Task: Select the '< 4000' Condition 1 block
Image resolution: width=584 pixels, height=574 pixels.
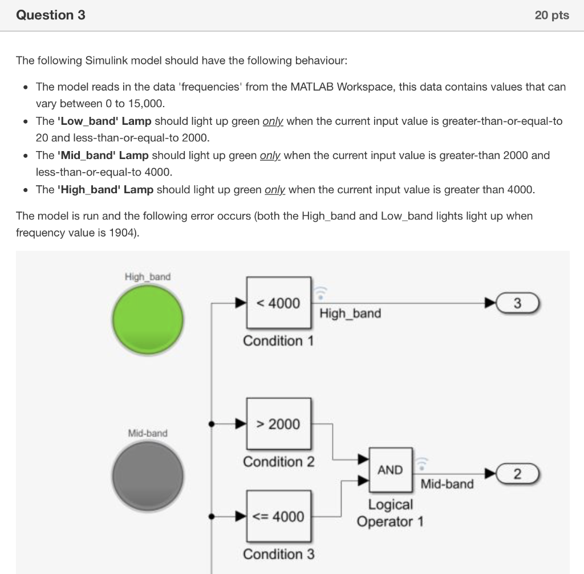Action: (279, 303)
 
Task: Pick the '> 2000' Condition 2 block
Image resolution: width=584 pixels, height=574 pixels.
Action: (279, 424)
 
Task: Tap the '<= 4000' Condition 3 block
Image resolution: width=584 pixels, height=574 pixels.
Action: (279, 516)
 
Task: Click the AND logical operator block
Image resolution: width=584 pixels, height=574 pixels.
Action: (391, 470)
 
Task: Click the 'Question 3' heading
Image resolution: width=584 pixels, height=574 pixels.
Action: (51, 15)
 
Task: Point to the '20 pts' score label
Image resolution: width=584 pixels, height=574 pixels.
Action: (551, 15)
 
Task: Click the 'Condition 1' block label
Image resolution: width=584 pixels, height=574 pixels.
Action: (278, 341)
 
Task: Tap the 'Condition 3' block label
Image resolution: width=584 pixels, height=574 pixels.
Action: (278, 554)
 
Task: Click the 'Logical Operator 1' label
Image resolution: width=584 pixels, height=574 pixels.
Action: (390, 513)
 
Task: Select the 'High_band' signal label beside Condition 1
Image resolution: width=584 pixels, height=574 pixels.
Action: (350, 314)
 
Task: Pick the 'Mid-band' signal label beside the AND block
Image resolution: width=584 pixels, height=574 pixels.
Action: (447, 484)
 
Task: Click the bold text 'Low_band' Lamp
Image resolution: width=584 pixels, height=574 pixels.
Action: (104, 121)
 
